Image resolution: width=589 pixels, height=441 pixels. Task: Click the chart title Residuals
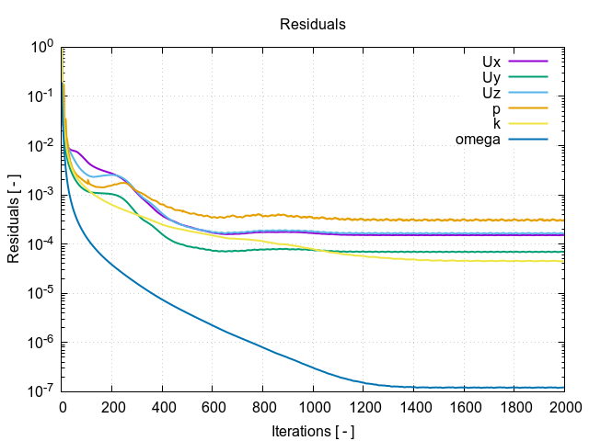[313, 25]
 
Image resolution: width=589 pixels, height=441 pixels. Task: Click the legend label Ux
[491, 62]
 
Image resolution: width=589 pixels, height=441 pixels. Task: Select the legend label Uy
[491, 77]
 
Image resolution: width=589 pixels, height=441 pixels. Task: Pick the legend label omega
[478, 140]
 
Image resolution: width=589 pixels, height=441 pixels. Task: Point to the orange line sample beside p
[529, 108]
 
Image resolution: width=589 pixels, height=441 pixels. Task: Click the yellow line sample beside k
[529, 124]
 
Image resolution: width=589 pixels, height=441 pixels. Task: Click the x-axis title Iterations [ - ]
[313, 431]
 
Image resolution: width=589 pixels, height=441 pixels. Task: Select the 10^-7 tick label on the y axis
[41, 391]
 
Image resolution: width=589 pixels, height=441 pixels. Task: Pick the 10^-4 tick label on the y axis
[41, 243]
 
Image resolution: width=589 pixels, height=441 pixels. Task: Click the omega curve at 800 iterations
[263, 346]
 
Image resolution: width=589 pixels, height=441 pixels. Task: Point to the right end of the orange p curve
[563, 220]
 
